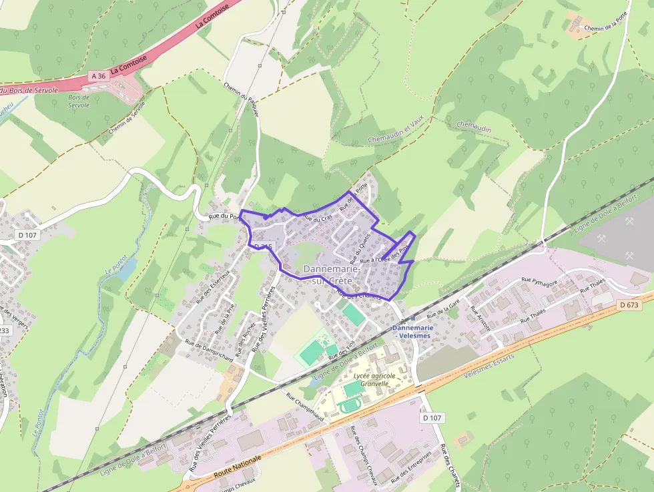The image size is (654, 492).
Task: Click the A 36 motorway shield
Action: pos(98,76)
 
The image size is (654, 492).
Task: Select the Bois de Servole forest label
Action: pos(78,101)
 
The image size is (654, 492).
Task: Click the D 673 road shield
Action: pos(629,305)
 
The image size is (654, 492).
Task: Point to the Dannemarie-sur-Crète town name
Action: pos(332,274)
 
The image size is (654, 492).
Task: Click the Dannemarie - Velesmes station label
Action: pos(413,332)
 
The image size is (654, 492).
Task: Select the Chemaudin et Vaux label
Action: pos(396,130)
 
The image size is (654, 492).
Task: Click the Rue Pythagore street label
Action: pos(539,281)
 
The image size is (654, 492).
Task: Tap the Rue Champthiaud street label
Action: pos(304,407)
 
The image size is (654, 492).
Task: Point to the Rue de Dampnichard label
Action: pos(209,352)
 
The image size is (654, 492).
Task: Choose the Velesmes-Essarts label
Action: pos(490,371)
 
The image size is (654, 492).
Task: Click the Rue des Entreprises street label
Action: pos(411,469)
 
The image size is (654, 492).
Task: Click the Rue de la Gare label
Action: pos(444,308)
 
